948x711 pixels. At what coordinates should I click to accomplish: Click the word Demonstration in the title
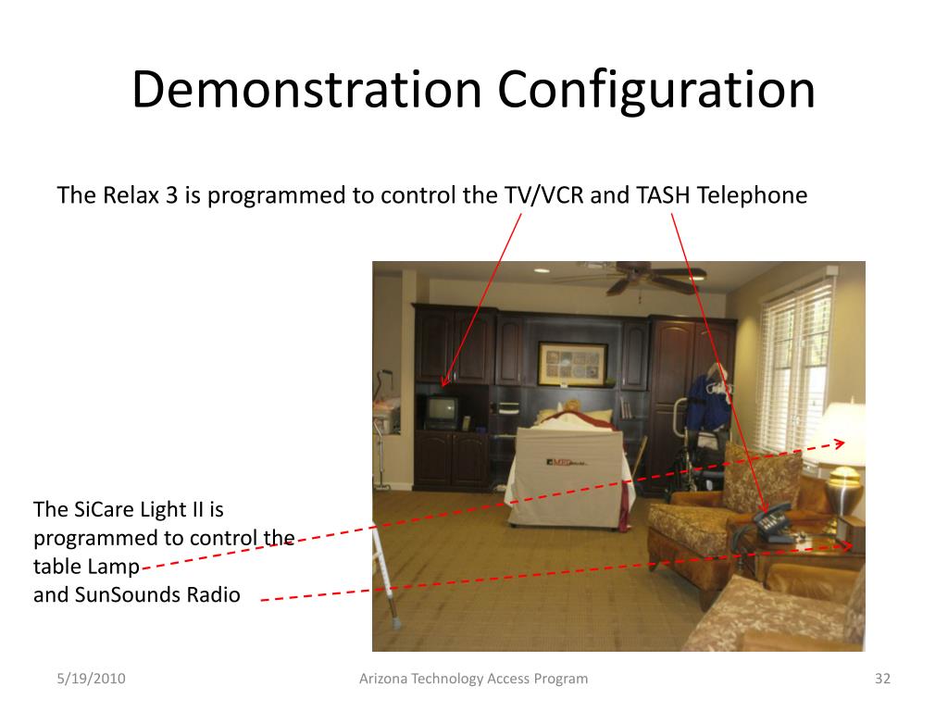tap(306, 90)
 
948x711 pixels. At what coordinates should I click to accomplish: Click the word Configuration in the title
tap(656, 91)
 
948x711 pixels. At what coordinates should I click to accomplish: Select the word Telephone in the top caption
tap(752, 195)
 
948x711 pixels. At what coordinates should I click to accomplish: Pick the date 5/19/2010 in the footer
tap(91, 679)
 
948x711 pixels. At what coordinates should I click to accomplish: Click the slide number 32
tap(882, 679)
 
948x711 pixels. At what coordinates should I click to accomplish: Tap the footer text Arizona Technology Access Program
tap(473, 679)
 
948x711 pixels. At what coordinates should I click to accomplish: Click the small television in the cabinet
tap(440, 412)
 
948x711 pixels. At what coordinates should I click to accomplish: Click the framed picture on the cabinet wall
tap(572, 364)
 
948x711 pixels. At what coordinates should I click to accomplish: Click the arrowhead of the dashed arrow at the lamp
tap(840, 443)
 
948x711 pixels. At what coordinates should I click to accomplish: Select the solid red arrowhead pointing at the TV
tap(445, 380)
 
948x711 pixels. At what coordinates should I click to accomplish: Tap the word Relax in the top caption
tap(131, 195)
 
